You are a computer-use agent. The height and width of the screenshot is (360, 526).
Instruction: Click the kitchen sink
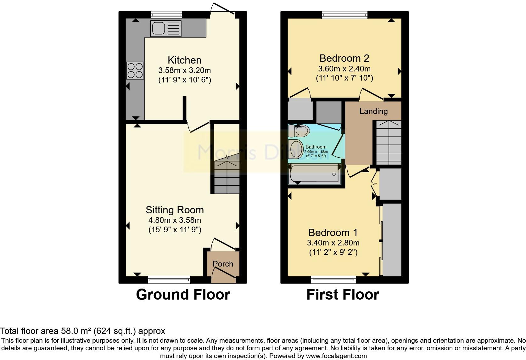click(166, 28)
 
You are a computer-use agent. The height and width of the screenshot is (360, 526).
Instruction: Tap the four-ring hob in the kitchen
click(135, 70)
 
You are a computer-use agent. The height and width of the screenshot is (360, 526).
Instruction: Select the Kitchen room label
click(184, 60)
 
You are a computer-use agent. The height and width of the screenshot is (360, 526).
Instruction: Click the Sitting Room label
click(175, 210)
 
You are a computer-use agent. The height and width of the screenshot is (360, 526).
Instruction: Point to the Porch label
click(223, 264)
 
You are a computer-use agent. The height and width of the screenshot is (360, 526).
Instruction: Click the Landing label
click(373, 111)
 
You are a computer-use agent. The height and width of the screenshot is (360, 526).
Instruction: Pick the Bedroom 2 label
click(344, 58)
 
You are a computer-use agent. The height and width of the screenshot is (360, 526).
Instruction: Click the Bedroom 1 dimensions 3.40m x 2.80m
click(333, 243)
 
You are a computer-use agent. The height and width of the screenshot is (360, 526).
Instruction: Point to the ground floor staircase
click(227, 176)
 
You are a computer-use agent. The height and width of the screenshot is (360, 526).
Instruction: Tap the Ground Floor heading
click(183, 295)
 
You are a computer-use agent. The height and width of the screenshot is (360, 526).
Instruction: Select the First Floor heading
click(343, 295)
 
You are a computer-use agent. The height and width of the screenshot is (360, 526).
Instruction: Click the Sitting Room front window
click(169, 279)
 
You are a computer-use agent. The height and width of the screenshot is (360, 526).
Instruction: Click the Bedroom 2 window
click(344, 14)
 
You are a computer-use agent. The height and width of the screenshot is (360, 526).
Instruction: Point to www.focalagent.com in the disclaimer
click(336, 356)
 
